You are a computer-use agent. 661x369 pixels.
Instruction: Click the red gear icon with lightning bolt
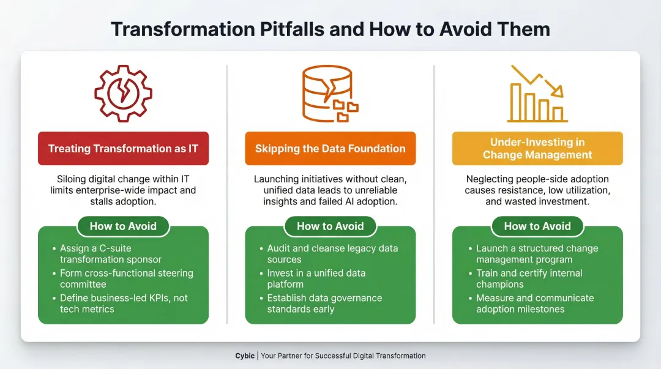[x=123, y=93]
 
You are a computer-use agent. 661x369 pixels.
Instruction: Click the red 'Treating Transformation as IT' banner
[x=123, y=149]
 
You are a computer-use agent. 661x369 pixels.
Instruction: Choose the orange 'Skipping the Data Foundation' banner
[x=330, y=149]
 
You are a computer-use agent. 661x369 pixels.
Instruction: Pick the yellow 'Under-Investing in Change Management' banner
[x=537, y=149]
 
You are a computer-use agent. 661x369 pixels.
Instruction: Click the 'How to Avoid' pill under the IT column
[x=123, y=226]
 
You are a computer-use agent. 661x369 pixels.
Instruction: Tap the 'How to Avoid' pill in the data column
[x=330, y=226]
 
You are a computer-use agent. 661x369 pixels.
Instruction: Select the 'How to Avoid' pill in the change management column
[x=537, y=226]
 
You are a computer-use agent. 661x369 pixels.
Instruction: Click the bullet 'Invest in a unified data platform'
[x=315, y=278]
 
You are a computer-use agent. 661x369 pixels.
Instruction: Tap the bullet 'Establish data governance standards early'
[x=324, y=304]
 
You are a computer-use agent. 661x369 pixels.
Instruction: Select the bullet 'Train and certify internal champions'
[x=529, y=278]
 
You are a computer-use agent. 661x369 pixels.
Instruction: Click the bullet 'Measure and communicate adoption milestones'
[x=534, y=304]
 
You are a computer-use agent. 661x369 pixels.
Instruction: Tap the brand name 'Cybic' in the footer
[x=245, y=356]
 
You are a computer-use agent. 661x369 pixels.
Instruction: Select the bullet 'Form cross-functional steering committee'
[x=125, y=278]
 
